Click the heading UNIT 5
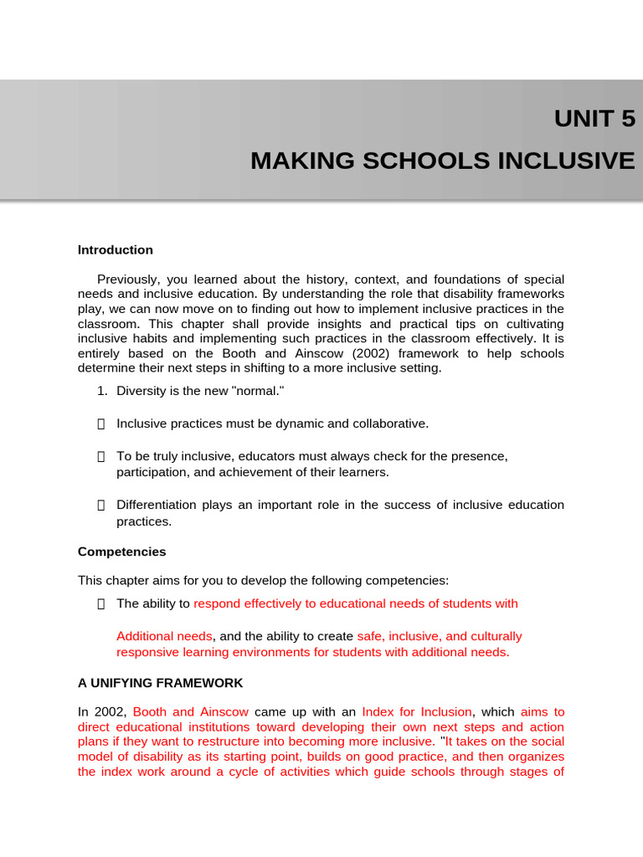pyautogui.click(x=594, y=120)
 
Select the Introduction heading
pyautogui.click(x=116, y=250)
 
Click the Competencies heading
pyautogui.click(x=122, y=552)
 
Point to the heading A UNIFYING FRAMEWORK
pyautogui.click(x=161, y=683)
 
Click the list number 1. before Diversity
pyautogui.click(x=103, y=391)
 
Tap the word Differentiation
pyautogui.click(x=157, y=505)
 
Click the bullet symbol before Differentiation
pyautogui.click(x=101, y=505)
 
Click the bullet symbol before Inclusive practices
pyautogui.click(x=101, y=423)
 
